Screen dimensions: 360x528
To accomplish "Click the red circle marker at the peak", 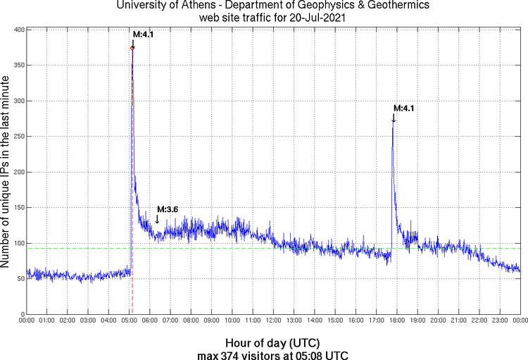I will [x=132, y=48].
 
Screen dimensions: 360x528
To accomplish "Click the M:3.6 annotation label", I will [x=168, y=209].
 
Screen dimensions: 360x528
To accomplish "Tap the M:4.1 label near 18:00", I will [x=403, y=108].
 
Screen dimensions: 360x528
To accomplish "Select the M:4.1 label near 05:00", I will [x=144, y=34].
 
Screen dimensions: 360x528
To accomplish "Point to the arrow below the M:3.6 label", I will [x=157, y=219].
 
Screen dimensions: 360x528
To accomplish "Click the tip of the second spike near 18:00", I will [x=393, y=124].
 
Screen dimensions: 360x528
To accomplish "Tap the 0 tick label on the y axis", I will [x=22, y=314].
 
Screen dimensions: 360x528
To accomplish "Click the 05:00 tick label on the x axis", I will [x=130, y=321].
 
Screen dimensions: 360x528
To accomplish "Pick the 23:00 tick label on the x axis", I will [x=500, y=321].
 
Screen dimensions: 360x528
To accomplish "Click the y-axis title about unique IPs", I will [x=6, y=172].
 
